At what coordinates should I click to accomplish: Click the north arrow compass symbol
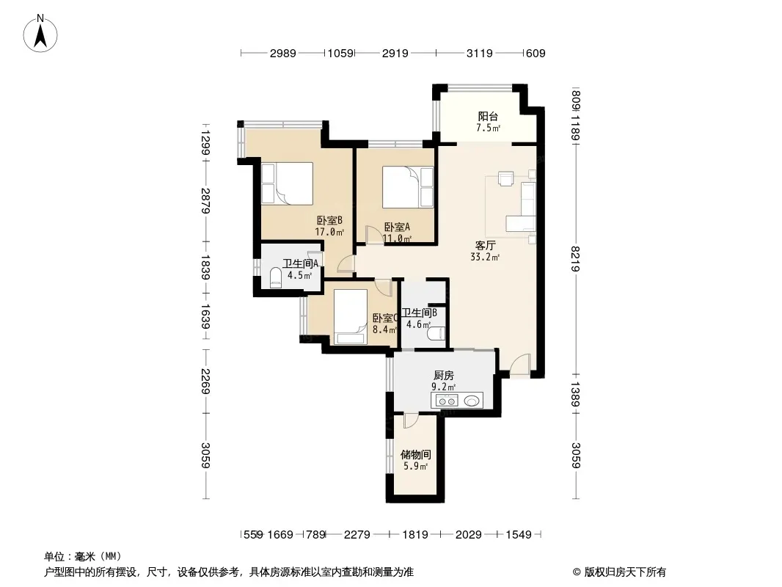pyautogui.click(x=40, y=33)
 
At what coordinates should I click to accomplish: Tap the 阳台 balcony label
pyautogui.click(x=488, y=116)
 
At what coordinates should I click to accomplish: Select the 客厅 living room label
pyautogui.click(x=485, y=245)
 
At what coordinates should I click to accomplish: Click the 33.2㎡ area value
pyautogui.click(x=485, y=258)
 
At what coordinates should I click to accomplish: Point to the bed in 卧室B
pyautogui.click(x=288, y=183)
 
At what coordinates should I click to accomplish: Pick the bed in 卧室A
pyautogui.click(x=407, y=187)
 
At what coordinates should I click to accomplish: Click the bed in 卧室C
pyautogui.click(x=350, y=317)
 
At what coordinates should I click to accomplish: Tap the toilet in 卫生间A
pyautogui.click(x=276, y=278)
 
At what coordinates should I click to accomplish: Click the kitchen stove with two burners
pyautogui.click(x=447, y=400)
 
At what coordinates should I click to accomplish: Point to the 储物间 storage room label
pyautogui.click(x=415, y=454)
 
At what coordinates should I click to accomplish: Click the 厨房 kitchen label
pyautogui.click(x=443, y=375)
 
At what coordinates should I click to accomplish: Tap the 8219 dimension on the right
pyautogui.click(x=575, y=259)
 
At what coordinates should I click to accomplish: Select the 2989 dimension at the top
pyautogui.click(x=282, y=54)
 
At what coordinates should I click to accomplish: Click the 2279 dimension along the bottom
pyautogui.click(x=357, y=535)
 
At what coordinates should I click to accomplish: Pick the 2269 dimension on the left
pyautogui.click(x=205, y=381)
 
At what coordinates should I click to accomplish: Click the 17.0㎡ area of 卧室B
pyautogui.click(x=329, y=232)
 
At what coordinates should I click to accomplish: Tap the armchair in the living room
pyautogui.click(x=505, y=178)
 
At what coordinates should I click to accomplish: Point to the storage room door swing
pyautogui.click(x=412, y=421)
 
